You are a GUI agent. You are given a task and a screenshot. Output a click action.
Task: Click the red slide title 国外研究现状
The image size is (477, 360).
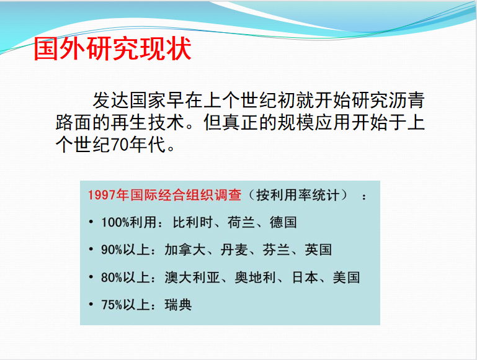click(x=112, y=48)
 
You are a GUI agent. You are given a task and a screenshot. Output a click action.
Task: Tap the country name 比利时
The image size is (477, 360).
click(x=193, y=222)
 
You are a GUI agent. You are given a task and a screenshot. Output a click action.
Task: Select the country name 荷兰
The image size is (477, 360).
click(x=241, y=222)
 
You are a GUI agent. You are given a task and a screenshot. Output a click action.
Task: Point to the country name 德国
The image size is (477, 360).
click(x=283, y=222)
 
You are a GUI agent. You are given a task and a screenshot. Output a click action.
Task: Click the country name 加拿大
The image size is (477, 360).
click(x=185, y=250)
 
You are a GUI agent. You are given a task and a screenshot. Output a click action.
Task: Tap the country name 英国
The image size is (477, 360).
click(x=318, y=250)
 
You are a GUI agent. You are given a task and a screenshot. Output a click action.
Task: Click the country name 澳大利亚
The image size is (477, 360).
click(x=192, y=277)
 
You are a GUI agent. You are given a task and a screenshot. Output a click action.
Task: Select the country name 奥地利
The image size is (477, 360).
click(x=255, y=277)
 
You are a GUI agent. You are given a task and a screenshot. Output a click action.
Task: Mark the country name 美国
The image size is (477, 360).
click(x=347, y=277)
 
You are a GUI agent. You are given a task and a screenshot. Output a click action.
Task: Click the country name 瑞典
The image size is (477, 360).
click(x=178, y=305)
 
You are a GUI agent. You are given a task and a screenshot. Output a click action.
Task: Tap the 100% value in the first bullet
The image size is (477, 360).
click(x=115, y=223)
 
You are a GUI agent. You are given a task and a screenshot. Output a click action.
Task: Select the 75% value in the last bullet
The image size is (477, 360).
click(x=112, y=305)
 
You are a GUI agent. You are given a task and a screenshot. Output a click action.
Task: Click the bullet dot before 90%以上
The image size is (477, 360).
click(x=91, y=250)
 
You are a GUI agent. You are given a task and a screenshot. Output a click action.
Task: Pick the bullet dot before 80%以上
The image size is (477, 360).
click(x=91, y=277)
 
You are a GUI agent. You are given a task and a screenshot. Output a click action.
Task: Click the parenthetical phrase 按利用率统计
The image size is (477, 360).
click(x=298, y=195)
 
